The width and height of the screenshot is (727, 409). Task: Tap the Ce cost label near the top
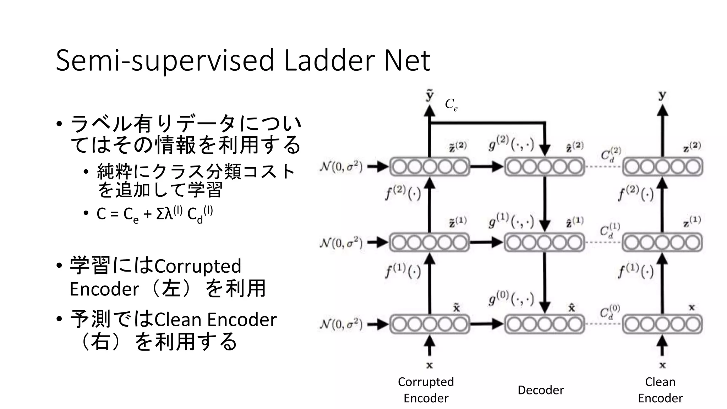coord(451,105)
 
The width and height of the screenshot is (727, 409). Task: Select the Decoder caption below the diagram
coord(540,390)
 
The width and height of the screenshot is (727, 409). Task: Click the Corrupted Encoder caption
coord(426,389)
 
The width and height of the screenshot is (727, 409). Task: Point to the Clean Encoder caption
coord(660,389)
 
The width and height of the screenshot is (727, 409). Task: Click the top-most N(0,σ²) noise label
coord(341,167)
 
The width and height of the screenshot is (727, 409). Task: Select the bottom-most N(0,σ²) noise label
coord(341,324)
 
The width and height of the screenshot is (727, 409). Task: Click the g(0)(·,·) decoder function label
coord(512,299)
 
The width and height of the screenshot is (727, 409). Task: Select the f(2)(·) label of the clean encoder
coord(636,193)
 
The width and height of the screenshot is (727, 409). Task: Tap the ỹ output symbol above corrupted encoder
coord(430,95)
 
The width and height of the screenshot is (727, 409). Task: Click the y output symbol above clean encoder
coord(662,95)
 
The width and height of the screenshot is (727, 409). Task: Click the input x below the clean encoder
coord(662,365)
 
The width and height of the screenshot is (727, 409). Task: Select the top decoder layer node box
coord(544,167)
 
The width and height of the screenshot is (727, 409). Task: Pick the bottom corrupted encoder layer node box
coord(430,324)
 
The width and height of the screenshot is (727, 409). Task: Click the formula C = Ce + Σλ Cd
coord(154,214)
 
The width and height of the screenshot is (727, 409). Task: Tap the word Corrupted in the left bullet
coord(198,266)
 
